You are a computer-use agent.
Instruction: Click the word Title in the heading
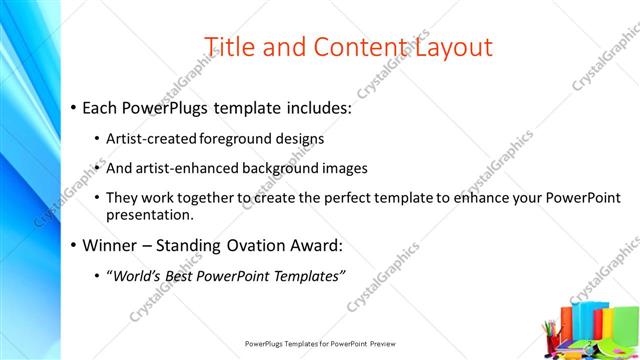[229, 46]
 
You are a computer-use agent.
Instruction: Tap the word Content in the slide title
[353, 46]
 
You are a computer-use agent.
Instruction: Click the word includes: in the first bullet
[304, 106]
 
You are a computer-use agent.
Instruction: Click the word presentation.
[149, 215]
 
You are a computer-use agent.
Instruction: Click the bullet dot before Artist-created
[97, 139]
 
